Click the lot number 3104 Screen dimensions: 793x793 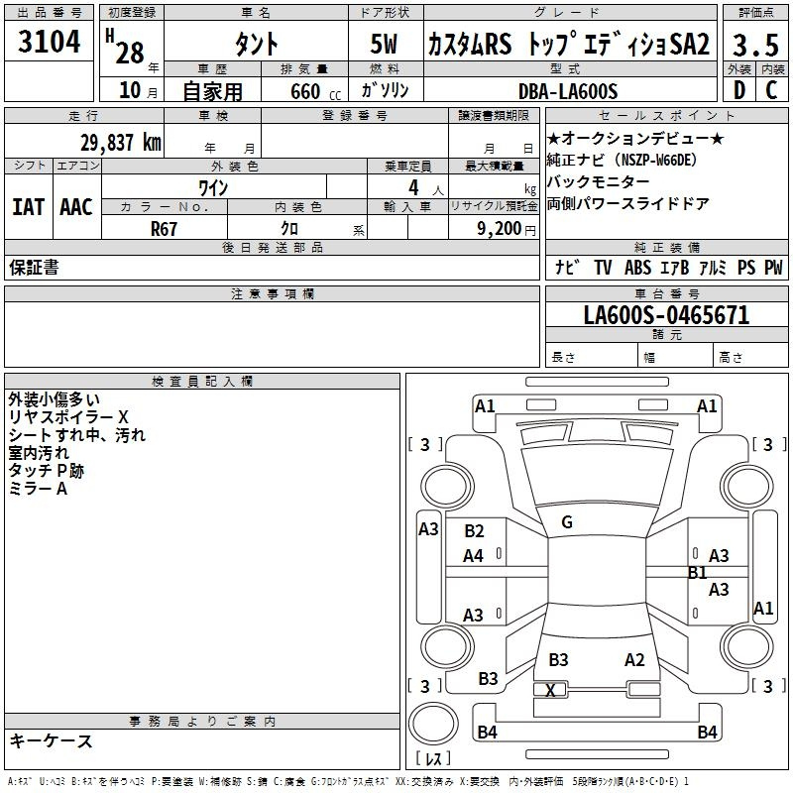(x=49, y=42)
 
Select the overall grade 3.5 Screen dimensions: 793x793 (x=755, y=45)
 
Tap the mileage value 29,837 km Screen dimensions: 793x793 (x=121, y=143)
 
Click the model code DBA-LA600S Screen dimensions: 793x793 (x=568, y=91)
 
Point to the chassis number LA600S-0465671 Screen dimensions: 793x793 (x=666, y=315)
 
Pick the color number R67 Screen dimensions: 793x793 (x=164, y=229)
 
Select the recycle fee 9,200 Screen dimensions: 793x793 (x=499, y=229)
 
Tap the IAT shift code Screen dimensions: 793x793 (x=28, y=207)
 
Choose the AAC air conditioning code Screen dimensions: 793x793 (x=76, y=207)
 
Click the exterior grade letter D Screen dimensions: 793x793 (x=739, y=90)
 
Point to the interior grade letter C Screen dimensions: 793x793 (x=771, y=90)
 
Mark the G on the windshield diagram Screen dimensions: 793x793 (x=567, y=522)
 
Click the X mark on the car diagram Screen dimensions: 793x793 (x=550, y=690)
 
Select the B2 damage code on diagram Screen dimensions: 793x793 (x=474, y=531)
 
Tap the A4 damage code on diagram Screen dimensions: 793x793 (x=473, y=556)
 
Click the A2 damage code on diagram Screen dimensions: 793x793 (x=634, y=660)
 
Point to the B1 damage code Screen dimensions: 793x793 (x=697, y=573)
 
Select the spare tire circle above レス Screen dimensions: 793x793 (x=433, y=724)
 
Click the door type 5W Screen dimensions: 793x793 (x=384, y=44)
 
